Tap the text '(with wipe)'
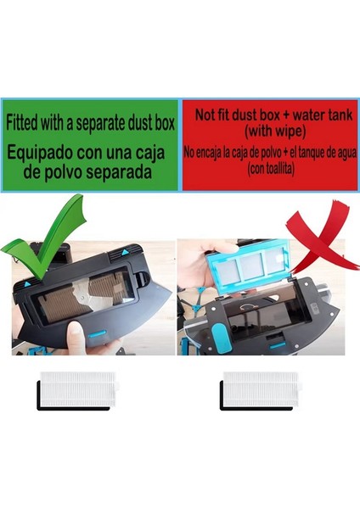coord(267,133)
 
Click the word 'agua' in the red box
coord(335,153)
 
